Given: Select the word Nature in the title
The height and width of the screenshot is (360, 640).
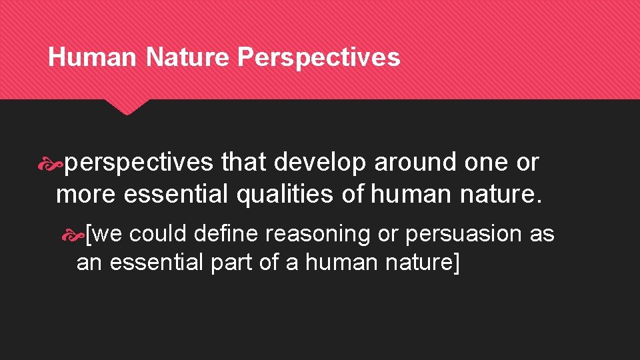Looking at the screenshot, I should (187, 57).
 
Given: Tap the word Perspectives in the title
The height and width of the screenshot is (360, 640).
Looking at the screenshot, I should (318, 57).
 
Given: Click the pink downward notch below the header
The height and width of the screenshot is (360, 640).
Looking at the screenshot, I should (127, 107).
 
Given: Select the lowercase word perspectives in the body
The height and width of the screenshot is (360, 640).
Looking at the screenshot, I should (139, 163).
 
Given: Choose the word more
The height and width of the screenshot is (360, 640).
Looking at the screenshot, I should (86, 195).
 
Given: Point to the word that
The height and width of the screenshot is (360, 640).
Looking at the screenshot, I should (244, 163).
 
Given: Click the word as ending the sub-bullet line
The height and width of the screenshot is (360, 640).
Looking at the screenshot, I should (542, 234).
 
